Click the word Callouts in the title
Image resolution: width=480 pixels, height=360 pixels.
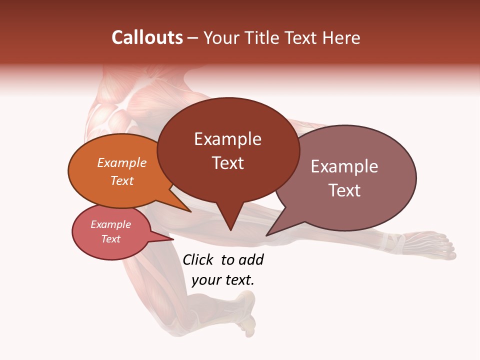tap(147, 37)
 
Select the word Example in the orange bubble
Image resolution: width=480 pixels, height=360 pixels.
tap(121, 163)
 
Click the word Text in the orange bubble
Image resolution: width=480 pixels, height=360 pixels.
tap(121, 180)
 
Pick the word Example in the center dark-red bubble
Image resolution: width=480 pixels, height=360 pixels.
tap(227, 139)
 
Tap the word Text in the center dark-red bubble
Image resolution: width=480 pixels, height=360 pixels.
tap(227, 163)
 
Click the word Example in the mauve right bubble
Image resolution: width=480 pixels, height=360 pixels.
tap(344, 166)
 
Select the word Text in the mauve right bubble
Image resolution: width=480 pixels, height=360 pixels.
tap(344, 190)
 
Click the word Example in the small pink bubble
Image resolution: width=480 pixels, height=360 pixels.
tap(110, 224)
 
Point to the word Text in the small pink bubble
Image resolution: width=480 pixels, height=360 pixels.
tap(110, 239)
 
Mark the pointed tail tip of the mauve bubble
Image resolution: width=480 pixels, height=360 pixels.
tap(267, 235)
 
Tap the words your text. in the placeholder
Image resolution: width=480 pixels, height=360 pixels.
tap(222, 280)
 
